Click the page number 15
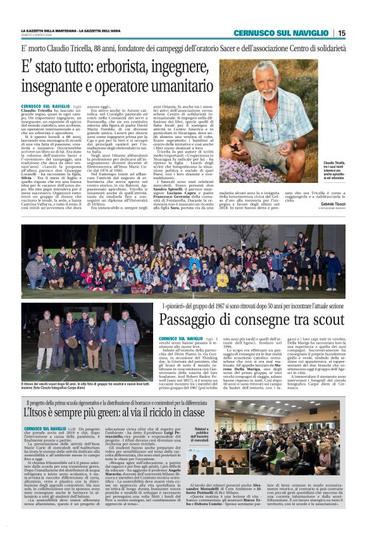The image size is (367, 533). click(342, 33)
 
